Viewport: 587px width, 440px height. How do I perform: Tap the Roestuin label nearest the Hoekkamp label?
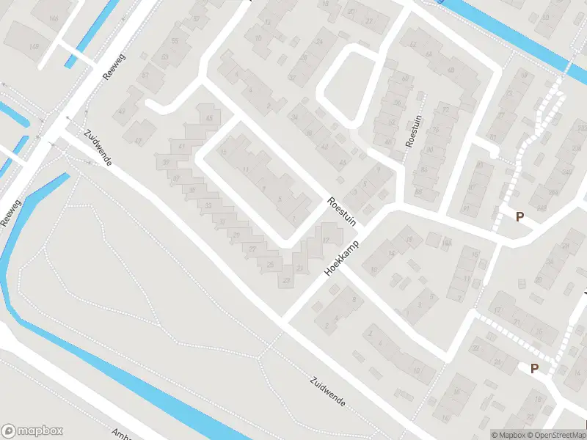click(341, 209)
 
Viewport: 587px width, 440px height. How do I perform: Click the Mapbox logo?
click(32, 431)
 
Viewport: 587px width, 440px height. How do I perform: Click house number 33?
click(209, 205)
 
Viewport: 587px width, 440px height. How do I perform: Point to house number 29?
click(236, 235)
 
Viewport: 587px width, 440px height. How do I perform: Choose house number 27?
click(252, 249)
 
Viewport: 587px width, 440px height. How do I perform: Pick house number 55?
click(175, 41)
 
